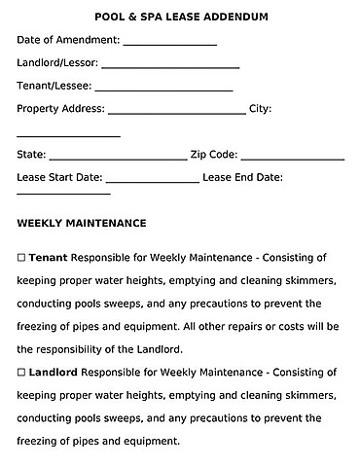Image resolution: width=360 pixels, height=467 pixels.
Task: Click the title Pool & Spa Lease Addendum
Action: (181, 17)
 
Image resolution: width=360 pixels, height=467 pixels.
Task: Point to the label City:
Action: (260, 109)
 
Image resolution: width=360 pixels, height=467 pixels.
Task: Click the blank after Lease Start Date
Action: (152, 181)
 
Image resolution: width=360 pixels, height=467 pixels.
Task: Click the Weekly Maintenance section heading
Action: (82, 223)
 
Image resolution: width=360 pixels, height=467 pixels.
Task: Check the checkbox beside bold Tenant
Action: (21, 259)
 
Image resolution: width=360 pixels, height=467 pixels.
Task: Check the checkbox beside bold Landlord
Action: (21, 372)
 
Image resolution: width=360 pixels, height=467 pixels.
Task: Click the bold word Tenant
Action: (48, 259)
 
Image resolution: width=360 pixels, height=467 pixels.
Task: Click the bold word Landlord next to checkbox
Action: (54, 372)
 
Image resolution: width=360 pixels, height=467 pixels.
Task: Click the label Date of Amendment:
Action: (68, 40)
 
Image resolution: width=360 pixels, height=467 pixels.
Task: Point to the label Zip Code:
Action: (214, 154)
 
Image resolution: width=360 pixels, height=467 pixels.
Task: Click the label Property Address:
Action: (61, 109)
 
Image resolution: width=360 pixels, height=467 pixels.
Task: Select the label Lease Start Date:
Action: (59, 177)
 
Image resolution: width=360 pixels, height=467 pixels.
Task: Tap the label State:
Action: (31, 154)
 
